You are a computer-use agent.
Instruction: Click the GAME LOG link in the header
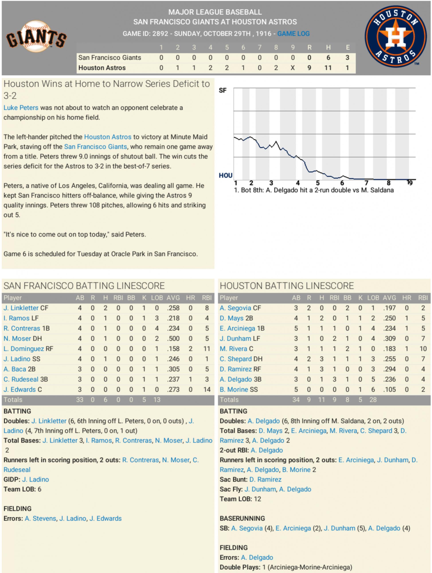coord(293,34)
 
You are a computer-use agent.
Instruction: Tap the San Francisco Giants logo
coord(36,37)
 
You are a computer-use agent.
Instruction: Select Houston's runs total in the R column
coord(309,68)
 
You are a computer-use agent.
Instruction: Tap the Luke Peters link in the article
coord(21,108)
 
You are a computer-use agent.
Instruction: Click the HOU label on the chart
coord(225,176)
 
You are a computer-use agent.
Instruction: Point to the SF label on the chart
coord(223,90)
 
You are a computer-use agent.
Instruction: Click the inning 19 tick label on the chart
coord(409,183)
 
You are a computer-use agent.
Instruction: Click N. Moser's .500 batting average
coord(173,338)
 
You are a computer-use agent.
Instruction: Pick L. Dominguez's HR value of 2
coord(190,349)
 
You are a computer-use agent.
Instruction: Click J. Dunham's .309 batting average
coord(389,338)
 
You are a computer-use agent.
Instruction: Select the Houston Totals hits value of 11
coord(321,400)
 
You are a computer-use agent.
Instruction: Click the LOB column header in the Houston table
coord(373,298)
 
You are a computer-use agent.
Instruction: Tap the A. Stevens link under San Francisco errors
coord(40,518)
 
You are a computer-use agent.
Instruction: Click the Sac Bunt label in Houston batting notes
coord(233,479)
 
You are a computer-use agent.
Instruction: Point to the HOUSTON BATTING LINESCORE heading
coord(287,286)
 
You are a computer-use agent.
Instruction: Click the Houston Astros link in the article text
coord(108,137)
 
